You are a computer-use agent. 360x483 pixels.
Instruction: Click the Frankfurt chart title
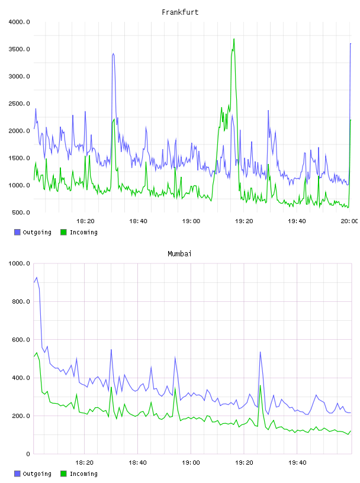tap(180, 12)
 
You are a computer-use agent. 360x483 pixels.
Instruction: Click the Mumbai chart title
tap(179, 254)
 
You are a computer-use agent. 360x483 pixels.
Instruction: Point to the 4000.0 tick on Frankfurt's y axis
tap(19, 22)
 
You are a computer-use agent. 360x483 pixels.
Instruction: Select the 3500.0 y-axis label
tap(19, 49)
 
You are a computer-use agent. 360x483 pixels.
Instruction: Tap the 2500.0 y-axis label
tap(19, 104)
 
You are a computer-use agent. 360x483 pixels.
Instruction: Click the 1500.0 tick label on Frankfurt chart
tap(19, 158)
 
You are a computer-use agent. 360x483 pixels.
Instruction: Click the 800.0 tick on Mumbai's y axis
tap(21, 301)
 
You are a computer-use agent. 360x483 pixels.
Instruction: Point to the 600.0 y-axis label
tap(21, 340)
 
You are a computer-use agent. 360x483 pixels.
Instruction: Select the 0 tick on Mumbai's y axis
tap(28, 454)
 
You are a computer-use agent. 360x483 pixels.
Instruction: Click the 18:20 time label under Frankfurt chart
tap(85, 221)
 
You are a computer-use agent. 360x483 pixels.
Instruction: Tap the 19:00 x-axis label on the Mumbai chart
tap(191, 463)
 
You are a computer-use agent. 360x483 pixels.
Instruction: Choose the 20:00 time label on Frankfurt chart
tap(349, 221)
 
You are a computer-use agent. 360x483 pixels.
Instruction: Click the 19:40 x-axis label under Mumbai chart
tap(297, 463)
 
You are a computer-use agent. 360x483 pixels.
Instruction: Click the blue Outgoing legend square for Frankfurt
tap(17, 232)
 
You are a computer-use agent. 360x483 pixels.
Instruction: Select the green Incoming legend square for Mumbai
tap(63, 474)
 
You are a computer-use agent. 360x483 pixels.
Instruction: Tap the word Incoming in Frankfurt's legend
tap(83, 233)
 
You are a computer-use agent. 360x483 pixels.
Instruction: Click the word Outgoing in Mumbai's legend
tap(37, 474)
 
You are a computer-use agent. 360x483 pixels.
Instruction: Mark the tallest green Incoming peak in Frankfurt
tap(234, 39)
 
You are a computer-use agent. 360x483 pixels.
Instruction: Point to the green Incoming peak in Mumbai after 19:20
tap(260, 386)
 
